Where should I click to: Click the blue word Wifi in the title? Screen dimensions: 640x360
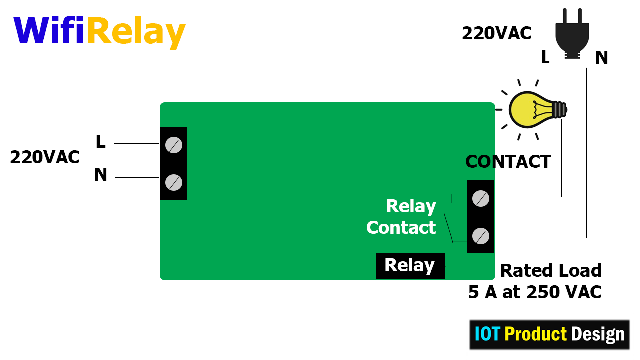coord(49,30)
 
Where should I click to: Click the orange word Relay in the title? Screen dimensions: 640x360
coord(137,33)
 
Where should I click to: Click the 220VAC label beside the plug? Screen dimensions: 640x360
coord(497,33)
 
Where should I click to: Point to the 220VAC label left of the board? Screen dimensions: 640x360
coord(45,157)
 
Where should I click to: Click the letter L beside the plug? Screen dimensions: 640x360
coord(545,57)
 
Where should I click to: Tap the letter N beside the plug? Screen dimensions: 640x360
coord(601,57)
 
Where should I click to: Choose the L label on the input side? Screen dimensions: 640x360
coord(101,141)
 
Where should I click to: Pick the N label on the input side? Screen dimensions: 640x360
coord(101,175)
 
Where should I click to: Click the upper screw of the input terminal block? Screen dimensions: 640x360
coord(173,145)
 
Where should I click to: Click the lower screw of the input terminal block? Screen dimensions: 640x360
coord(173,182)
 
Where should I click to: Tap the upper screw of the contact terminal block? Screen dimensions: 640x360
coord(481,198)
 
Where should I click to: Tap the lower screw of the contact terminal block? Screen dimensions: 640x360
coord(481,236)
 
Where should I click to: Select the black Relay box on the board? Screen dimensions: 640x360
coord(411,266)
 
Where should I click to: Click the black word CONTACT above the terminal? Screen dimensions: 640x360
coord(508,161)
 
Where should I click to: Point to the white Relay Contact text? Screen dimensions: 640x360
coord(401,217)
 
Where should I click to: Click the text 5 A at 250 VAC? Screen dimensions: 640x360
coord(535,292)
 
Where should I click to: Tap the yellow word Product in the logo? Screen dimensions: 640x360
coord(535,334)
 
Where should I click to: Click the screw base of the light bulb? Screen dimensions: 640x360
coord(560,110)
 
